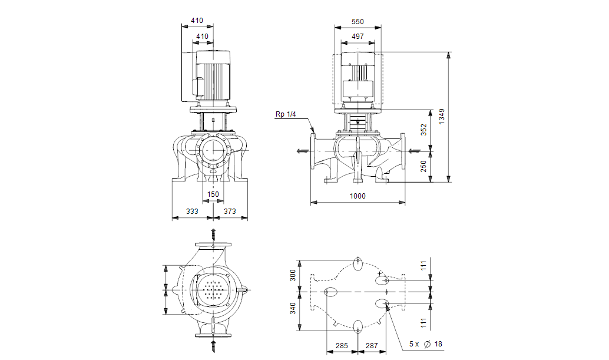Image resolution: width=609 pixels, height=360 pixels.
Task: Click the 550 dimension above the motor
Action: click(358, 22)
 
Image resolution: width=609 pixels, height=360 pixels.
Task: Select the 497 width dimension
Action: click(358, 37)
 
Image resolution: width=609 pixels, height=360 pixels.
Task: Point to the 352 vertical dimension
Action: click(423, 130)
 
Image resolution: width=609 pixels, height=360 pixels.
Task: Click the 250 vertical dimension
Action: click(423, 167)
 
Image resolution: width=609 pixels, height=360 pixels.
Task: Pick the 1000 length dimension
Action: click(358, 196)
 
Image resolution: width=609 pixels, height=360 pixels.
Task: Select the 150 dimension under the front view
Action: click(213, 194)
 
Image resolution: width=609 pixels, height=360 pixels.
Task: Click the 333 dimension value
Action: click(191, 211)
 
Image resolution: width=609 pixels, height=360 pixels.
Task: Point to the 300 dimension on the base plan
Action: click(293, 275)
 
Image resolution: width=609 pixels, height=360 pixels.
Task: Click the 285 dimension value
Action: click(342, 346)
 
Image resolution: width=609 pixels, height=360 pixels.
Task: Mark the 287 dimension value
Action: click(372, 346)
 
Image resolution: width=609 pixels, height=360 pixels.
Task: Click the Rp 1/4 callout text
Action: click(286, 114)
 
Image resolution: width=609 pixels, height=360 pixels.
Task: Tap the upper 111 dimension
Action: click(423, 266)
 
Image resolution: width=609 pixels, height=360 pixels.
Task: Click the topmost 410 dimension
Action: click(197, 21)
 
